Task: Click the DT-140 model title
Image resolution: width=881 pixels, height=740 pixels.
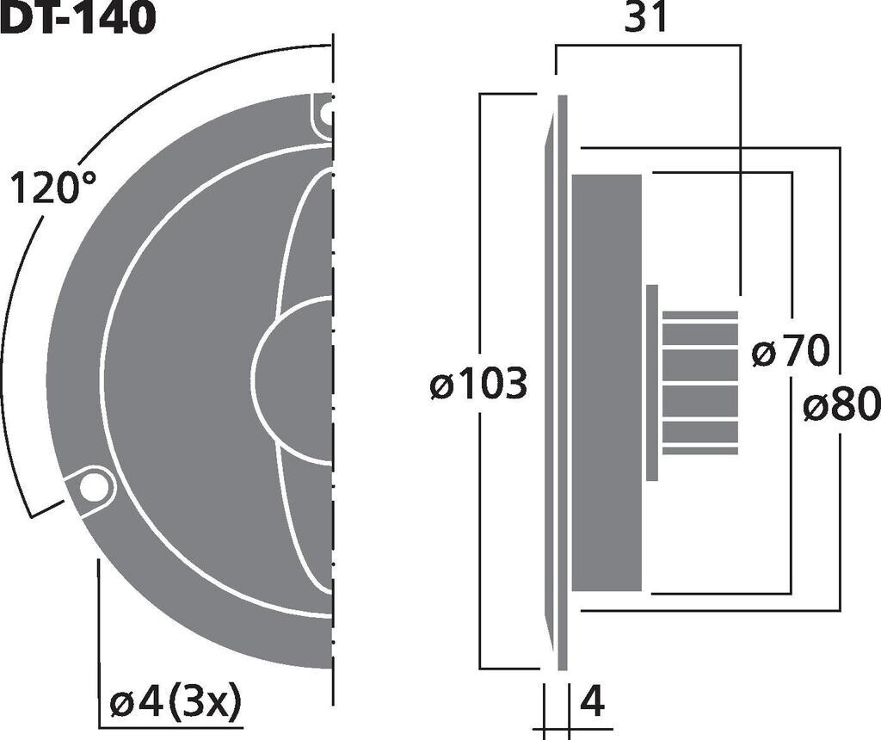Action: [x=77, y=16]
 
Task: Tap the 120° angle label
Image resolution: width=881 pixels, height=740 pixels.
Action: [x=53, y=188]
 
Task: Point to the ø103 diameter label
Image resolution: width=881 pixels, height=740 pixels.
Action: [x=478, y=383]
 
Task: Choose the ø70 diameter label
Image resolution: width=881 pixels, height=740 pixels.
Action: [x=790, y=350]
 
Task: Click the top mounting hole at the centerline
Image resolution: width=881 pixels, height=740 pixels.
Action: [x=326, y=114]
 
